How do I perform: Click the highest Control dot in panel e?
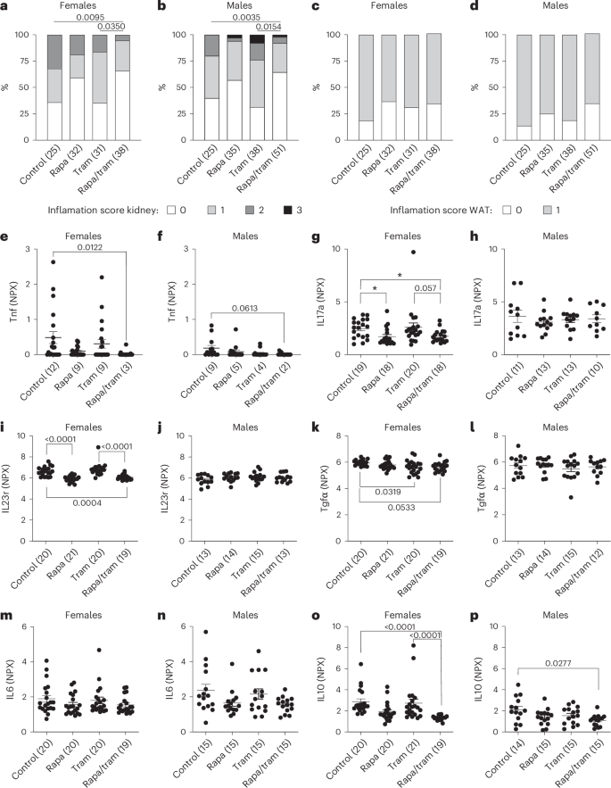(55, 261)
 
